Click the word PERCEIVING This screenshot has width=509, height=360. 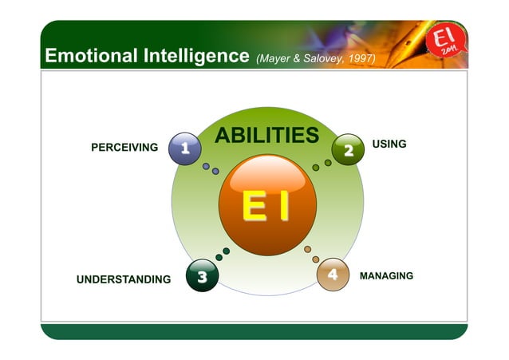point(124,148)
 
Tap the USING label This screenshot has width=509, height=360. point(389,144)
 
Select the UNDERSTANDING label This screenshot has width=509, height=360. point(123,279)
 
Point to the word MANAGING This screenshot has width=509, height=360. point(386,275)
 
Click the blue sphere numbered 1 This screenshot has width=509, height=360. point(185,148)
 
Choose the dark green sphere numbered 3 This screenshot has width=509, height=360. point(202,277)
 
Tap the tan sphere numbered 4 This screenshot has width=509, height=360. point(333,275)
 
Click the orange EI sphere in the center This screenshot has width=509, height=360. point(266,208)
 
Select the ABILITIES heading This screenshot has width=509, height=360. point(266,136)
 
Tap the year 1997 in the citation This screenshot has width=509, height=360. point(361,58)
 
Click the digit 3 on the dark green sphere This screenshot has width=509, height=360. point(202,277)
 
